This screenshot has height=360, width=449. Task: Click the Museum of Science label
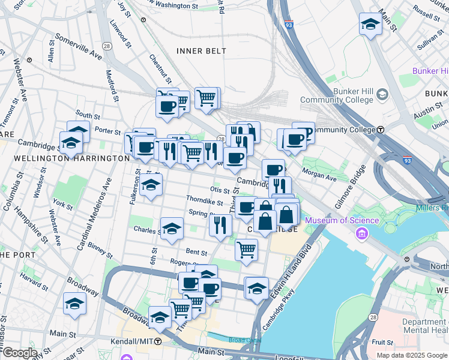point(342,220)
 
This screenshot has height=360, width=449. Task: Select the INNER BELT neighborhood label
point(202,51)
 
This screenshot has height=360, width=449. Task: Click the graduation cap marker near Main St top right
point(370,25)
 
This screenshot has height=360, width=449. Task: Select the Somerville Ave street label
point(78,45)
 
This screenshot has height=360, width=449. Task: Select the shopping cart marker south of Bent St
point(246,249)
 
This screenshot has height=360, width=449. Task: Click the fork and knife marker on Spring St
point(220,224)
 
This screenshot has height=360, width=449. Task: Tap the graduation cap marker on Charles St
point(172,229)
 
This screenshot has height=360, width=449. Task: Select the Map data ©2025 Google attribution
point(411,355)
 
